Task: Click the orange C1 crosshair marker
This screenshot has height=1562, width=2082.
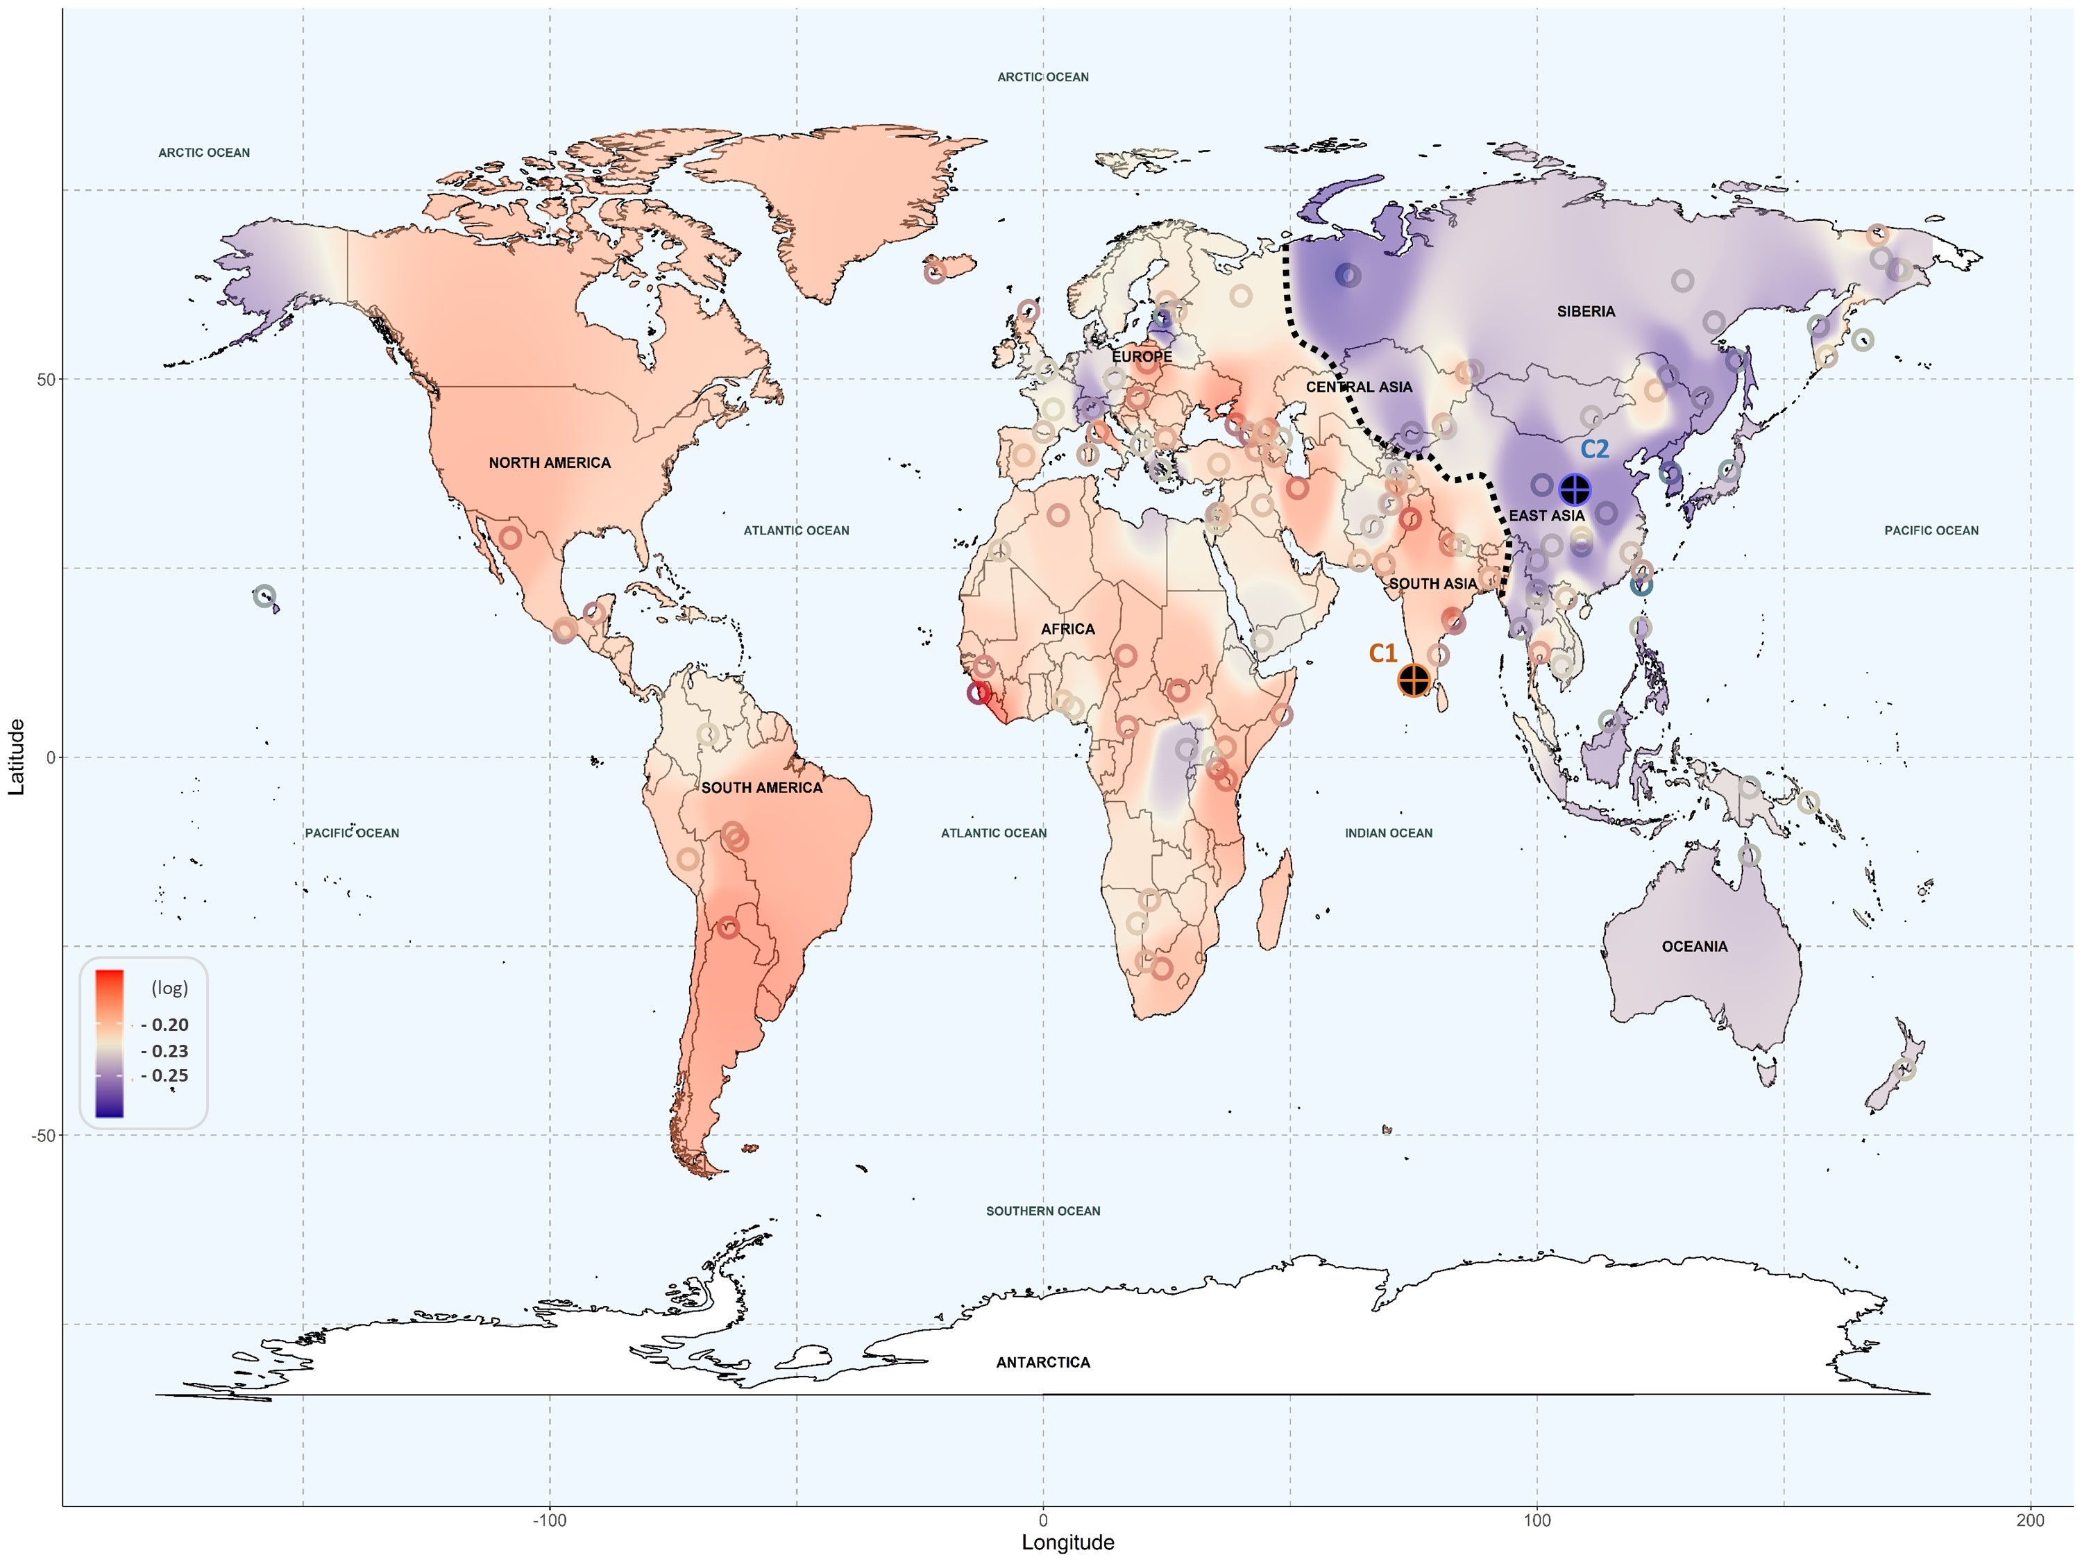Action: [x=1414, y=680]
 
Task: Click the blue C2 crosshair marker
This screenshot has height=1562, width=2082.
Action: [x=1575, y=489]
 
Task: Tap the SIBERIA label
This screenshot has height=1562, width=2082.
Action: [x=1586, y=312]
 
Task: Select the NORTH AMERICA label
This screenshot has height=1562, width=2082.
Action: [x=550, y=462]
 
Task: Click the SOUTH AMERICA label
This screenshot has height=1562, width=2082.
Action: [x=761, y=787]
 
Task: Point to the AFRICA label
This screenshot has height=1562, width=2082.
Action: [x=1067, y=629]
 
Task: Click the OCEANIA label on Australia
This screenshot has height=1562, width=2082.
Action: [x=1694, y=946]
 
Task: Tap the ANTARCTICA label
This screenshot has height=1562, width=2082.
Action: [x=1043, y=1362]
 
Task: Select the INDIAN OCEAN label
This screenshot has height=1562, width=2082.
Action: [x=1388, y=833]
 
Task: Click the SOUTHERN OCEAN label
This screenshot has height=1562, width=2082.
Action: [x=1043, y=1211]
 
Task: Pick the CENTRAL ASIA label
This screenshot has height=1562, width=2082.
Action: [x=1358, y=387]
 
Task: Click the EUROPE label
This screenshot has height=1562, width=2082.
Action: [x=1142, y=357]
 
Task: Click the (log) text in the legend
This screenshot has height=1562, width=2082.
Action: [x=169, y=988]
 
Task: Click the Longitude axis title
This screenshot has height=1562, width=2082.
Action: [x=1067, y=1543]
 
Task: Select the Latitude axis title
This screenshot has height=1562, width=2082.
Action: [x=16, y=757]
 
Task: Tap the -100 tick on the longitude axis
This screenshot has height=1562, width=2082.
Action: [x=550, y=1520]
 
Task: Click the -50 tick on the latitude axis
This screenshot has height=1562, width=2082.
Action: [x=43, y=1136]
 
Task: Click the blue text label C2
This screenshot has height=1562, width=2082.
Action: [x=1594, y=449]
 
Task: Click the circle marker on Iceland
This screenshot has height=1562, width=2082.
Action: [x=933, y=273]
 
